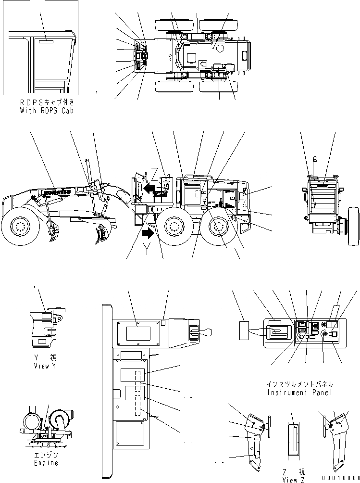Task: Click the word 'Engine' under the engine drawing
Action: [x=47, y=463]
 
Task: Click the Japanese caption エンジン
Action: [x=47, y=455]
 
